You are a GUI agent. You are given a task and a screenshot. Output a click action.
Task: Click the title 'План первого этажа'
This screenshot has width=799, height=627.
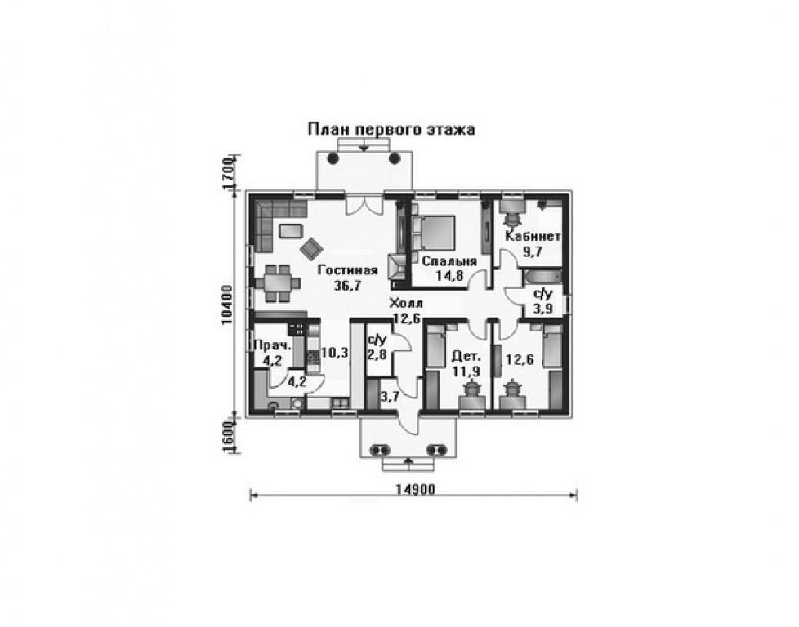(391, 129)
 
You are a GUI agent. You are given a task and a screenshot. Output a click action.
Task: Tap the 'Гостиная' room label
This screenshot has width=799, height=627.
(347, 270)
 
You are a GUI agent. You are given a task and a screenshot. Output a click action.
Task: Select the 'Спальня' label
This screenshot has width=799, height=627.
(449, 260)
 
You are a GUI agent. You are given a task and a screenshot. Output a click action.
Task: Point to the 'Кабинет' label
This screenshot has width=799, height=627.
(533, 236)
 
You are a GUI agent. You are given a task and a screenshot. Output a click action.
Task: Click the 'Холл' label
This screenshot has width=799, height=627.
(405, 304)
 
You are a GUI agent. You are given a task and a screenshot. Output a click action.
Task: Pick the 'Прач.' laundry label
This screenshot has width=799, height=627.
(273, 345)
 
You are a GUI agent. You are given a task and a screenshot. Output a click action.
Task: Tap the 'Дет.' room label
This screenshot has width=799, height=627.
(466, 356)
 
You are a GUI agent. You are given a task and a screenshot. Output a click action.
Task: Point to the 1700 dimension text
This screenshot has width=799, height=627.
(228, 172)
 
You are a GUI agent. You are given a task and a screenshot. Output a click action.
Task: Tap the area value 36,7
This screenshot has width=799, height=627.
(347, 285)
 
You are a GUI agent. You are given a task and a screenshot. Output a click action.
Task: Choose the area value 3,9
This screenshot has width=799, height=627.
(542, 309)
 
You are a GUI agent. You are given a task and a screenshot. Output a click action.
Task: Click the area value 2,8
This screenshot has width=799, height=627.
(377, 354)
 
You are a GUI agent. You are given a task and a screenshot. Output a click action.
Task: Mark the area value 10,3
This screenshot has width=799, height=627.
(334, 353)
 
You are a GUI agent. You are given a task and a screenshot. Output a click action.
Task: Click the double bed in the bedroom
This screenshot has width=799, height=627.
(434, 232)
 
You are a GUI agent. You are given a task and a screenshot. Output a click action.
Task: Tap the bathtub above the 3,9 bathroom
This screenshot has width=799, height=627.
(543, 277)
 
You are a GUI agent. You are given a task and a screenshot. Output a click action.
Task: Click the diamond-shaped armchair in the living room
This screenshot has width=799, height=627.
(311, 248)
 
